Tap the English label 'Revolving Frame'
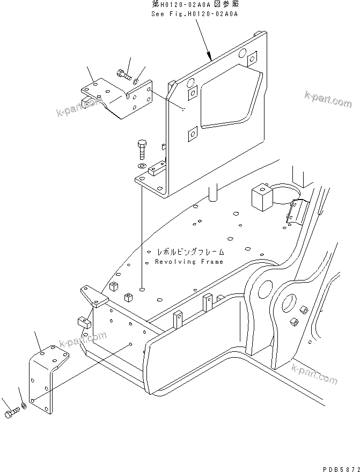click(189, 262)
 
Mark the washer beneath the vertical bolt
click(142, 167)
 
